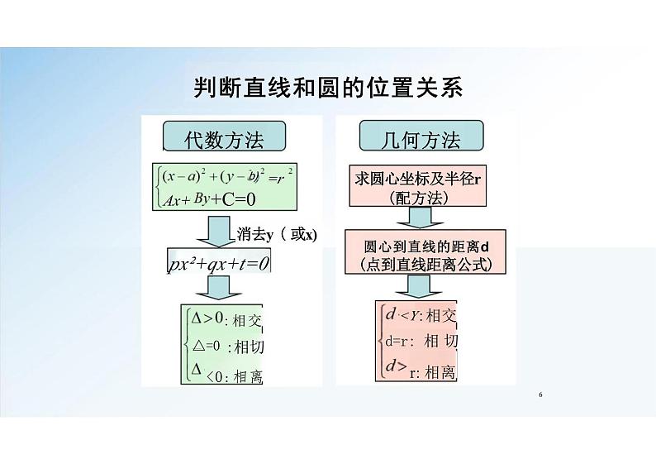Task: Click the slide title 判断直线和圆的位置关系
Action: (328, 88)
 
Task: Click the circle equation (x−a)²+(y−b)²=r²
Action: (229, 176)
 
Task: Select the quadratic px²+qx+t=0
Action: (219, 264)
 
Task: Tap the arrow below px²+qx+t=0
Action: (219, 287)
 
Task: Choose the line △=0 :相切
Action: (227, 346)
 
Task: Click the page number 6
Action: (539, 395)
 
